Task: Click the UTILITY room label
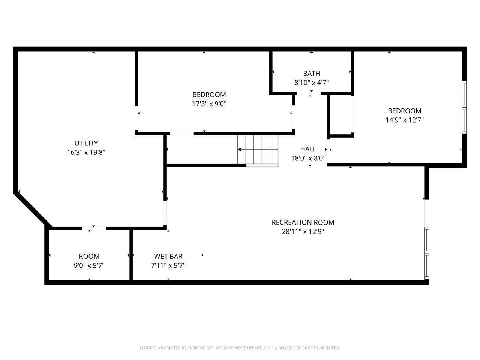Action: [86, 143]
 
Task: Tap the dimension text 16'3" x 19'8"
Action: [86, 152]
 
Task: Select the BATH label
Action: [312, 73]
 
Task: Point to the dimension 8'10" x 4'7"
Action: [312, 82]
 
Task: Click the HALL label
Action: [308, 149]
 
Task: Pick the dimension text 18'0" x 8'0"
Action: [308, 158]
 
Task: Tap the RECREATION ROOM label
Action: [303, 222]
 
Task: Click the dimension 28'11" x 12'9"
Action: [303, 231]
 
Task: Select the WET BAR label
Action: [168, 256]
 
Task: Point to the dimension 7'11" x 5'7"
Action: [168, 265]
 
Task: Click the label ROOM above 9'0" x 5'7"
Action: [89, 256]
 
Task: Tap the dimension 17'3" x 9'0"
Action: [209, 103]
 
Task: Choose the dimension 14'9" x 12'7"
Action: [405, 120]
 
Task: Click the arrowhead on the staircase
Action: [239, 150]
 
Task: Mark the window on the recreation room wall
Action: [426, 253]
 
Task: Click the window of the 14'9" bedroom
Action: [464, 107]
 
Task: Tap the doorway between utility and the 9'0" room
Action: [94, 228]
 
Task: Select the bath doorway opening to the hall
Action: [309, 93]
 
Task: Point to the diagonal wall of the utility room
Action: [33, 210]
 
